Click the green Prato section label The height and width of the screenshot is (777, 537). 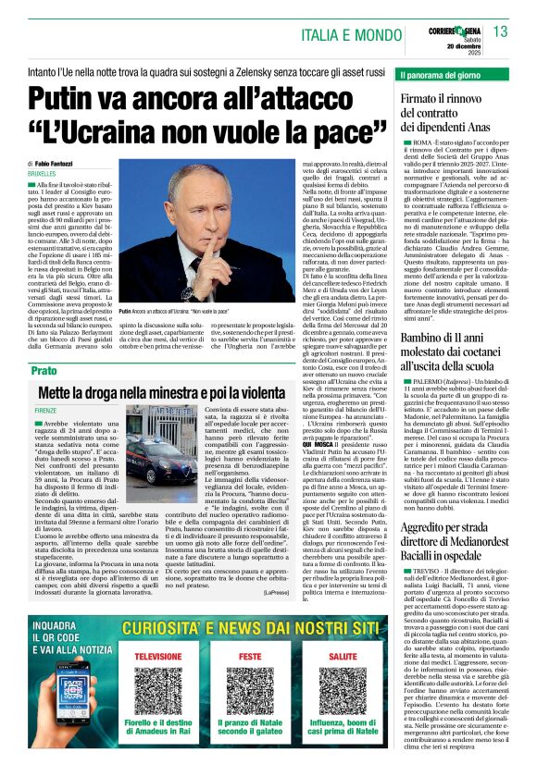click(x=44, y=370)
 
